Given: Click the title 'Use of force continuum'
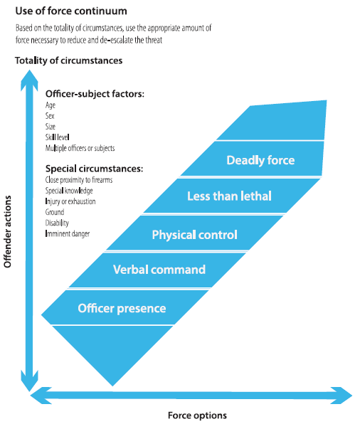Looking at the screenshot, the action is click(x=71, y=11).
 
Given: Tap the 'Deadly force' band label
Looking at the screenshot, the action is click(x=260, y=160).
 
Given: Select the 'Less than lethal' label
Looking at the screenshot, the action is click(x=229, y=196).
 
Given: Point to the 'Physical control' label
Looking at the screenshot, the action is click(x=195, y=235).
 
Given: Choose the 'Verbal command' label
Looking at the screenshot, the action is click(x=159, y=270).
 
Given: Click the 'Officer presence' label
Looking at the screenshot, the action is click(x=122, y=308).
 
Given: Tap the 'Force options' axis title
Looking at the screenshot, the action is click(x=198, y=415).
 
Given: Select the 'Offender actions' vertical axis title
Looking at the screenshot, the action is click(x=7, y=232).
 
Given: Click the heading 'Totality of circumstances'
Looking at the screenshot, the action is click(x=69, y=60).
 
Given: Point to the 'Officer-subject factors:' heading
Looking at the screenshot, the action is click(x=95, y=94).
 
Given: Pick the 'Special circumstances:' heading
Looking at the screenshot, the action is click(x=94, y=169).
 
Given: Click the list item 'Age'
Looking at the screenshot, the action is click(x=51, y=105).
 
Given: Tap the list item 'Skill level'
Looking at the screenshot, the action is click(x=58, y=137).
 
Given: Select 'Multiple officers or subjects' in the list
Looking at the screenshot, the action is click(x=80, y=148).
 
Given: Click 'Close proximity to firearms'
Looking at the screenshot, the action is click(x=79, y=180).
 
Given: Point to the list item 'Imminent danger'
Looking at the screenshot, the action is click(x=68, y=233).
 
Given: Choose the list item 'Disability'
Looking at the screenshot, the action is click(x=57, y=223).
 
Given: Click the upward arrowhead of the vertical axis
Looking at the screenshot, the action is click(x=29, y=80).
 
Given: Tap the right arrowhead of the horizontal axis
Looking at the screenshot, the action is click(x=342, y=396).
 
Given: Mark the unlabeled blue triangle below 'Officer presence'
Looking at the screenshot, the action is click(x=112, y=349).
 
